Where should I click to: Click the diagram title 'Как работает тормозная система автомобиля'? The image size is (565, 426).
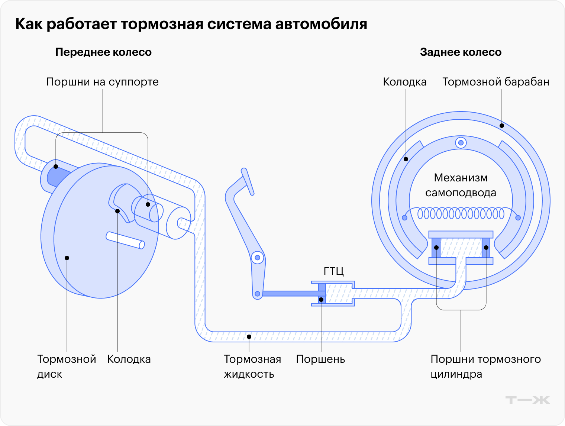click(191, 24)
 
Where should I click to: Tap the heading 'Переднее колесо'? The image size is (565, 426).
click(103, 52)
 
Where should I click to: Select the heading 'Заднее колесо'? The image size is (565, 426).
click(461, 52)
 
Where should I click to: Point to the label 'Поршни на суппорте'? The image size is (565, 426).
click(102, 82)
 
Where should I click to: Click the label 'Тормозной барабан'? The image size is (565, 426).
click(495, 82)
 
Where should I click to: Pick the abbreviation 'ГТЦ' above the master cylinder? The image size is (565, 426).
click(333, 271)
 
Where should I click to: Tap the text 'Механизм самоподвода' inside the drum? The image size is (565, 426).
click(461, 185)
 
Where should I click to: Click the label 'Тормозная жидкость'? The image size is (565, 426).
click(252, 367)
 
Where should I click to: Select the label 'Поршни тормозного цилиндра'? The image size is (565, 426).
click(485, 367)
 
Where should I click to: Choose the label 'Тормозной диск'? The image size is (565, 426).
click(66, 367)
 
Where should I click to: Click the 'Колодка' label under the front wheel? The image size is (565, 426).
click(129, 359)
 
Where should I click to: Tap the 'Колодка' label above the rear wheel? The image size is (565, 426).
click(404, 82)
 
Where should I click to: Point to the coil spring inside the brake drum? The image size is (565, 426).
click(461, 213)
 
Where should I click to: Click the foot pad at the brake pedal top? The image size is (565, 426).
click(248, 181)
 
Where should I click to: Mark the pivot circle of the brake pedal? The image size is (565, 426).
click(257, 258)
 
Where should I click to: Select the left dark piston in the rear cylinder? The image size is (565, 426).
click(436, 248)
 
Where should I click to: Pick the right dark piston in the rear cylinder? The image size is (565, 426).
click(486, 248)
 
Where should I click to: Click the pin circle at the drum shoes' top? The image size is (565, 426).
click(461, 143)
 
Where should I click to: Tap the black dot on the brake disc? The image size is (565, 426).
click(67, 258)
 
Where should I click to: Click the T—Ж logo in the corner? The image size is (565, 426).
click(527, 400)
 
